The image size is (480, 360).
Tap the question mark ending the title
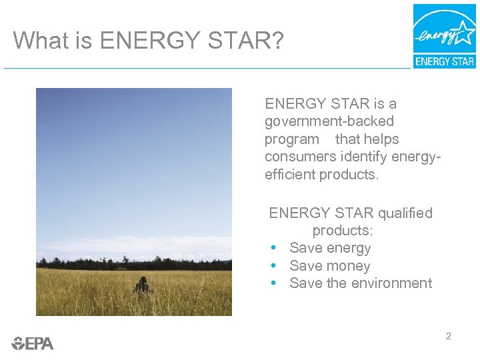[x=277, y=41]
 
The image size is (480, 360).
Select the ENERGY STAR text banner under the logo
[x=445, y=61]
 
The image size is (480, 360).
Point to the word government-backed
[x=329, y=122]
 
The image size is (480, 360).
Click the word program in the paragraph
[x=292, y=140]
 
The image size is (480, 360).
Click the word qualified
[x=405, y=213]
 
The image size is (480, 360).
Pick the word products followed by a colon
[x=341, y=231]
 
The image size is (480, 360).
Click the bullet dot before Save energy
[x=274, y=248]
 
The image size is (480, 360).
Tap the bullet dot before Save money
[x=274, y=266]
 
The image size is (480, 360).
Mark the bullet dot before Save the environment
[x=274, y=283]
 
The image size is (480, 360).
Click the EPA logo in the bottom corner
[x=33, y=343]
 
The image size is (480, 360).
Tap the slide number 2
[x=448, y=337]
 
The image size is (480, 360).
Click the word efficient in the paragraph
[x=290, y=175]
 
